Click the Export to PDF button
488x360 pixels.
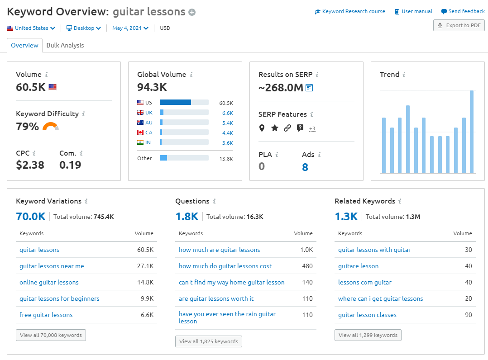(459, 25)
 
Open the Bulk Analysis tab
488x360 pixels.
(65, 45)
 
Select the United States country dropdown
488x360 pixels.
(31, 28)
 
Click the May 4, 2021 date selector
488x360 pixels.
(130, 28)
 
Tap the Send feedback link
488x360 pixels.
(463, 11)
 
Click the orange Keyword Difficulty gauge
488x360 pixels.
(51, 127)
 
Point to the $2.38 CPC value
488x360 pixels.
(30, 165)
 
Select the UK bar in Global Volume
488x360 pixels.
(184, 112)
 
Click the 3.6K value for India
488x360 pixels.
(227, 143)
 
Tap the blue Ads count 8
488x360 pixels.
(305, 167)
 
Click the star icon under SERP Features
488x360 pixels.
(274, 128)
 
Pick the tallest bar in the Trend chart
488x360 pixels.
(472, 132)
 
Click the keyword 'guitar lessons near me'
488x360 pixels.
(52, 266)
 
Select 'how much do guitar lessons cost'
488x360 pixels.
(225, 266)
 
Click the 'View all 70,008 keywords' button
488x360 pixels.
(51, 335)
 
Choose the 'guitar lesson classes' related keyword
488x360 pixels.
(367, 315)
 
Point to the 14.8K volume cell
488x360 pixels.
(145, 282)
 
